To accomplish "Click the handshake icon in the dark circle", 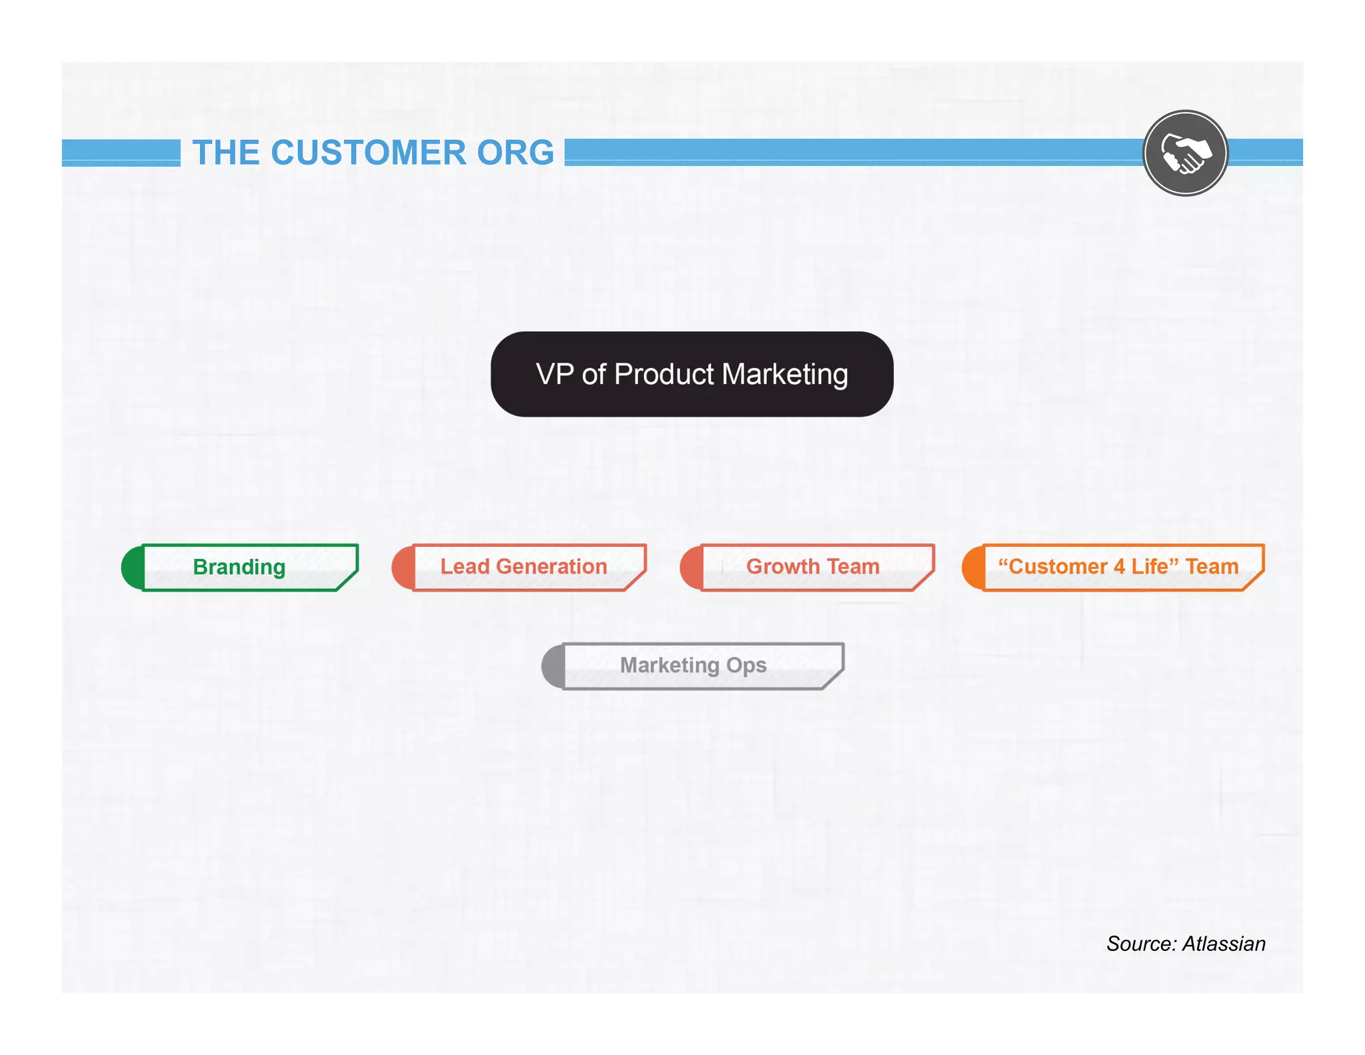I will click(x=1185, y=153).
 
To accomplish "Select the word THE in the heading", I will click(x=225, y=153).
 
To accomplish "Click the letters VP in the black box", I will click(x=555, y=374).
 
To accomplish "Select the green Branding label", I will click(x=239, y=567).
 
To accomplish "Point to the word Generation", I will click(x=551, y=566).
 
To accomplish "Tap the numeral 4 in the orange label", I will click(x=1119, y=566).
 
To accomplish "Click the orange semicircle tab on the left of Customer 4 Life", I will click(x=972, y=568).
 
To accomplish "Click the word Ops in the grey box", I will click(x=746, y=666).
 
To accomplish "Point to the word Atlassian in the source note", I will click(x=1224, y=944).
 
